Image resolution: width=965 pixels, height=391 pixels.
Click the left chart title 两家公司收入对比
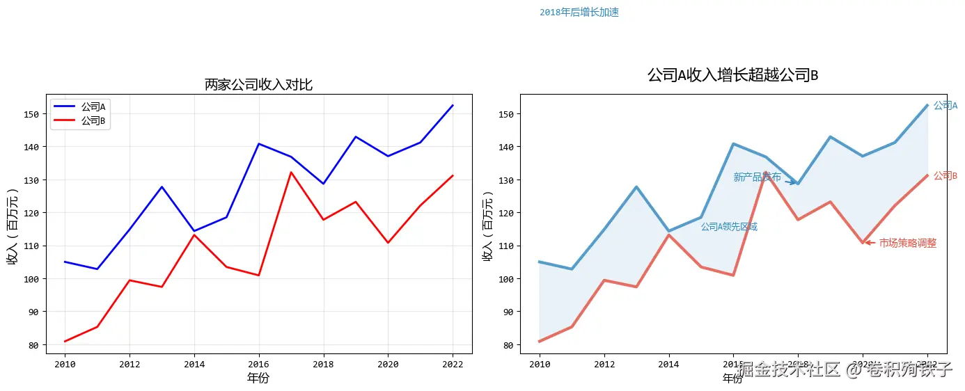tap(258, 85)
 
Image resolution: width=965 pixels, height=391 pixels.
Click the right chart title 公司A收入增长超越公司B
tap(732, 75)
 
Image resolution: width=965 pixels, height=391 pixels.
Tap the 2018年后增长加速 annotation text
tap(579, 13)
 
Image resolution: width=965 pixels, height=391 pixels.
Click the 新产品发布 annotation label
tap(757, 177)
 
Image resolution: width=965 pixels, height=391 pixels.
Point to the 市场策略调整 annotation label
tap(907, 244)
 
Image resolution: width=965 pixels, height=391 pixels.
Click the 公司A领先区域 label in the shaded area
tap(729, 227)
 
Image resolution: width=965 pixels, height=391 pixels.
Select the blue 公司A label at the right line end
tap(945, 106)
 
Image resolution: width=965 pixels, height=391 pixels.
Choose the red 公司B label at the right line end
tap(945, 176)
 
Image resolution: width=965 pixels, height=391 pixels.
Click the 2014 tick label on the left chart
tap(194, 364)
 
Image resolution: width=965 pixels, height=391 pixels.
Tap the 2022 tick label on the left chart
tap(453, 364)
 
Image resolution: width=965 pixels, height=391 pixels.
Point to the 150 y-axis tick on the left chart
tap(32, 114)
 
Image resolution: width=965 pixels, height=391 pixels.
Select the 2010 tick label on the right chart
tap(540, 364)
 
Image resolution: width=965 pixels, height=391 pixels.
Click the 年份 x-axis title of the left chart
tap(258, 378)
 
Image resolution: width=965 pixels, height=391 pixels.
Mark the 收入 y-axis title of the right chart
tap(488, 229)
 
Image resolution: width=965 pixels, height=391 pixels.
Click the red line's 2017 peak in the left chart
tap(291, 172)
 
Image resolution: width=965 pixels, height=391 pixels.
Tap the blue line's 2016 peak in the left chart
tap(259, 144)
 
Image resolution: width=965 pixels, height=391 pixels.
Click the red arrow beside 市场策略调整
tap(870, 242)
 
